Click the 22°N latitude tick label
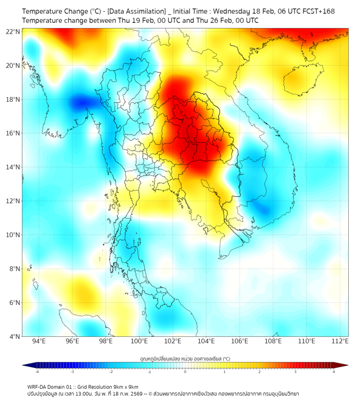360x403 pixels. coord(13,31)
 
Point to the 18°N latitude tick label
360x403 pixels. coord(13,99)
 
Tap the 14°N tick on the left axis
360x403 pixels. coord(13,167)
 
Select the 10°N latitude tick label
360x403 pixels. coord(13,235)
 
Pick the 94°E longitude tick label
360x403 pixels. coord(39,341)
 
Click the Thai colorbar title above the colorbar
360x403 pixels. coord(185,359)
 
